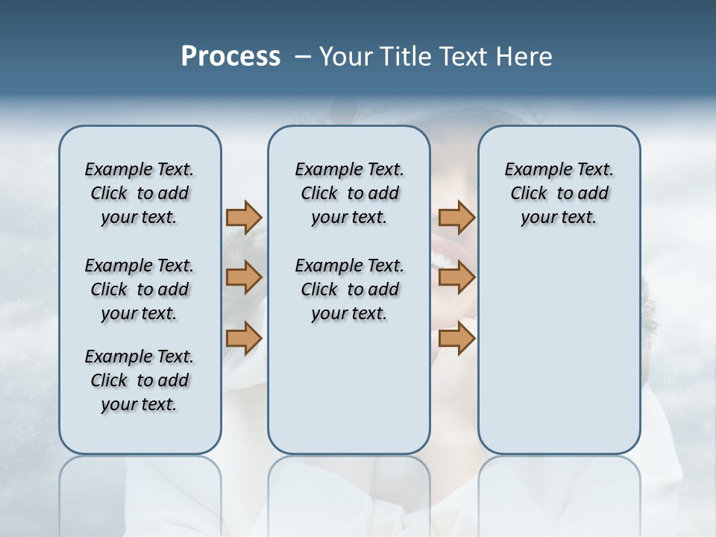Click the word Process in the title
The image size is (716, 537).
(230, 57)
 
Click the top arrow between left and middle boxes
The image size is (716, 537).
(244, 217)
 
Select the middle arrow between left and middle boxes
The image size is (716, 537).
(244, 277)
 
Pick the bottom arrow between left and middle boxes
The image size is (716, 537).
(244, 338)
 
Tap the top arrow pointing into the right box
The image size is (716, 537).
(456, 217)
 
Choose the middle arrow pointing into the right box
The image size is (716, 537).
(456, 277)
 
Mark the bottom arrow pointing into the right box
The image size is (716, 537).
(456, 338)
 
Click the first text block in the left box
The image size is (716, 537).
(139, 193)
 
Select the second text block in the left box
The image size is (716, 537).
(139, 289)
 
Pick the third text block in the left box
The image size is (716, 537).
(139, 380)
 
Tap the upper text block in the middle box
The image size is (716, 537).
(349, 193)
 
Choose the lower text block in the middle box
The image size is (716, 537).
(349, 289)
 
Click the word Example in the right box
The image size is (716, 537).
(530, 169)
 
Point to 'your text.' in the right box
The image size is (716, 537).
(559, 218)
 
